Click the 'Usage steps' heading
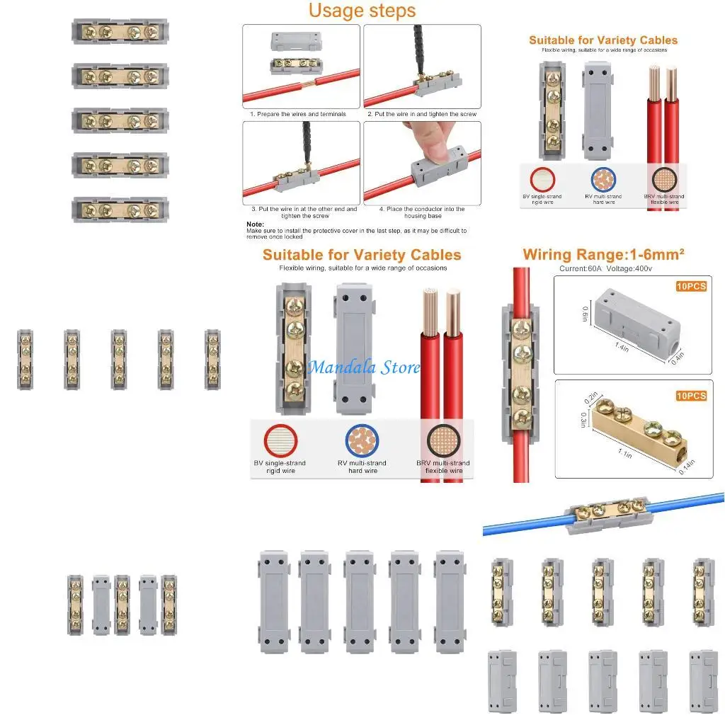(362, 11)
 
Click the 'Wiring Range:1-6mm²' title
(603, 254)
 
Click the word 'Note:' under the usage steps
(255, 224)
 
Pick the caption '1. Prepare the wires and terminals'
(298, 114)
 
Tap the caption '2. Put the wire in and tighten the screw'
(422, 114)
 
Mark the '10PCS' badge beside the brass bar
(690, 396)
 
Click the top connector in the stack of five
(120, 32)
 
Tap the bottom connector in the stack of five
(120, 210)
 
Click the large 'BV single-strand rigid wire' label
(280, 467)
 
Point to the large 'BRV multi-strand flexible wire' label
(443, 467)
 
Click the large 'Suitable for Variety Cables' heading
(362, 255)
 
